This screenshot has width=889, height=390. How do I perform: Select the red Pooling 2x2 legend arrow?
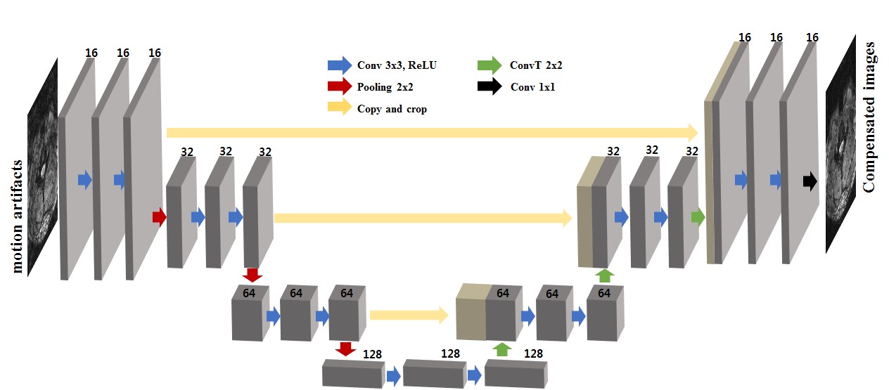point(340,87)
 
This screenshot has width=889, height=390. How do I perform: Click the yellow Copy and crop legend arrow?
point(340,108)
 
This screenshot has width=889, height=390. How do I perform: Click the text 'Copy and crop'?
point(392,109)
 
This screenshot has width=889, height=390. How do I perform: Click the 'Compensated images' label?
point(869,117)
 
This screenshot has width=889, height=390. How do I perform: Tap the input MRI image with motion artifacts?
point(42,169)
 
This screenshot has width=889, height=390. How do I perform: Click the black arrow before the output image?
point(810,181)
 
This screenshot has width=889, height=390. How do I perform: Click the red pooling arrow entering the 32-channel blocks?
point(160,216)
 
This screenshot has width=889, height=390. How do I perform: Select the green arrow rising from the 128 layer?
point(501,349)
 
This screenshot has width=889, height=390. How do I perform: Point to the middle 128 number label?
point(450,353)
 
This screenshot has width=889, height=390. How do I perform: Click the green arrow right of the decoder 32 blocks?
point(698,216)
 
